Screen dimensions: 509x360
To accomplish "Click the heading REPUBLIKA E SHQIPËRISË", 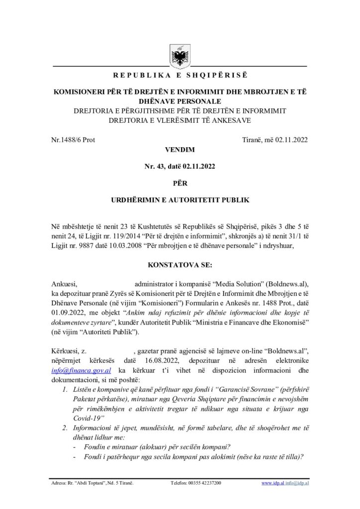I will pyautogui.click(x=180, y=76).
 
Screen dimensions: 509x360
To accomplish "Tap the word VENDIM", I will pyautogui.click(x=180, y=149).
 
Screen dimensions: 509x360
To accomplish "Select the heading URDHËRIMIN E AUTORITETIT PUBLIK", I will pyautogui.click(x=180, y=200).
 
